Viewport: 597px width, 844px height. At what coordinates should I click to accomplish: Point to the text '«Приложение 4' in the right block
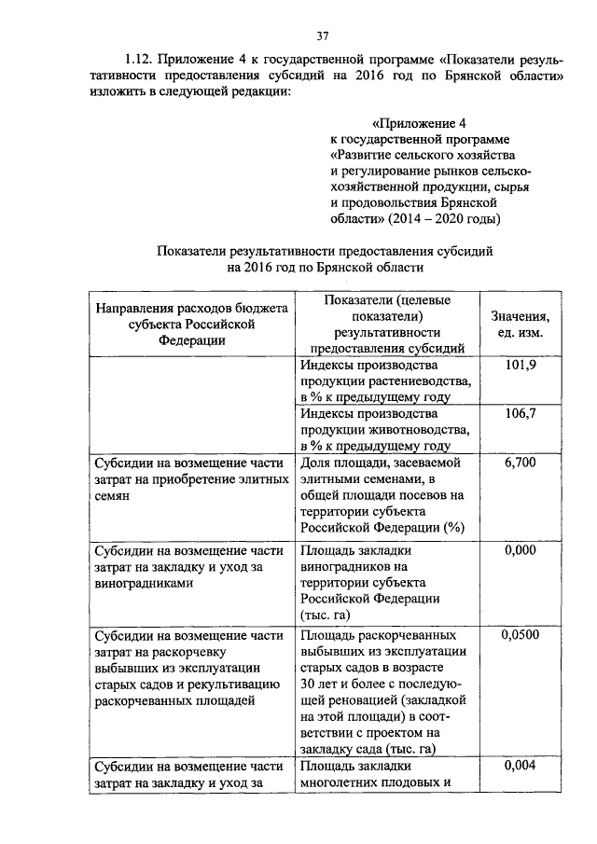pos(419,123)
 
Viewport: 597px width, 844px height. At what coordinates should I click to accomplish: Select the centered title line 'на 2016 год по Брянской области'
pos(324,267)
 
